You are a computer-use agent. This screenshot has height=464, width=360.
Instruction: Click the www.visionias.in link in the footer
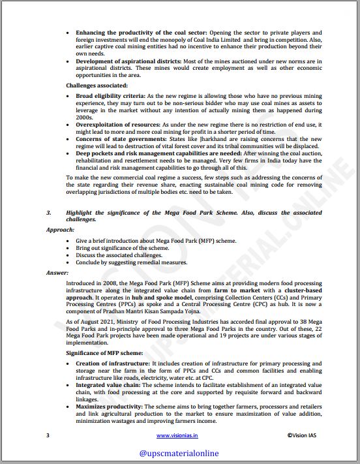click(178, 435)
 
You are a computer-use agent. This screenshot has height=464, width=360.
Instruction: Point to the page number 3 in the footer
click(48, 435)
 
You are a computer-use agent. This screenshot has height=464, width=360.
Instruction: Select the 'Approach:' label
click(60, 230)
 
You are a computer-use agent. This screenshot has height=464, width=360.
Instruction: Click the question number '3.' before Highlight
click(49, 213)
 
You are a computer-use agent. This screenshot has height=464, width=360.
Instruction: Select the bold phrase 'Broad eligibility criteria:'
click(110, 95)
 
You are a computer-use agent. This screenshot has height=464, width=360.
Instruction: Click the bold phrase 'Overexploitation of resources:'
click(117, 123)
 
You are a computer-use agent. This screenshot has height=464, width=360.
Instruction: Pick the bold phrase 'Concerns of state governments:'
click(118, 139)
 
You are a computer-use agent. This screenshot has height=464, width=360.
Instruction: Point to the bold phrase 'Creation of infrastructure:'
click(113, 362)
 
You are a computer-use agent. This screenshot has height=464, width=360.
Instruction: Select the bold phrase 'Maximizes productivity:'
click(108, 406)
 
